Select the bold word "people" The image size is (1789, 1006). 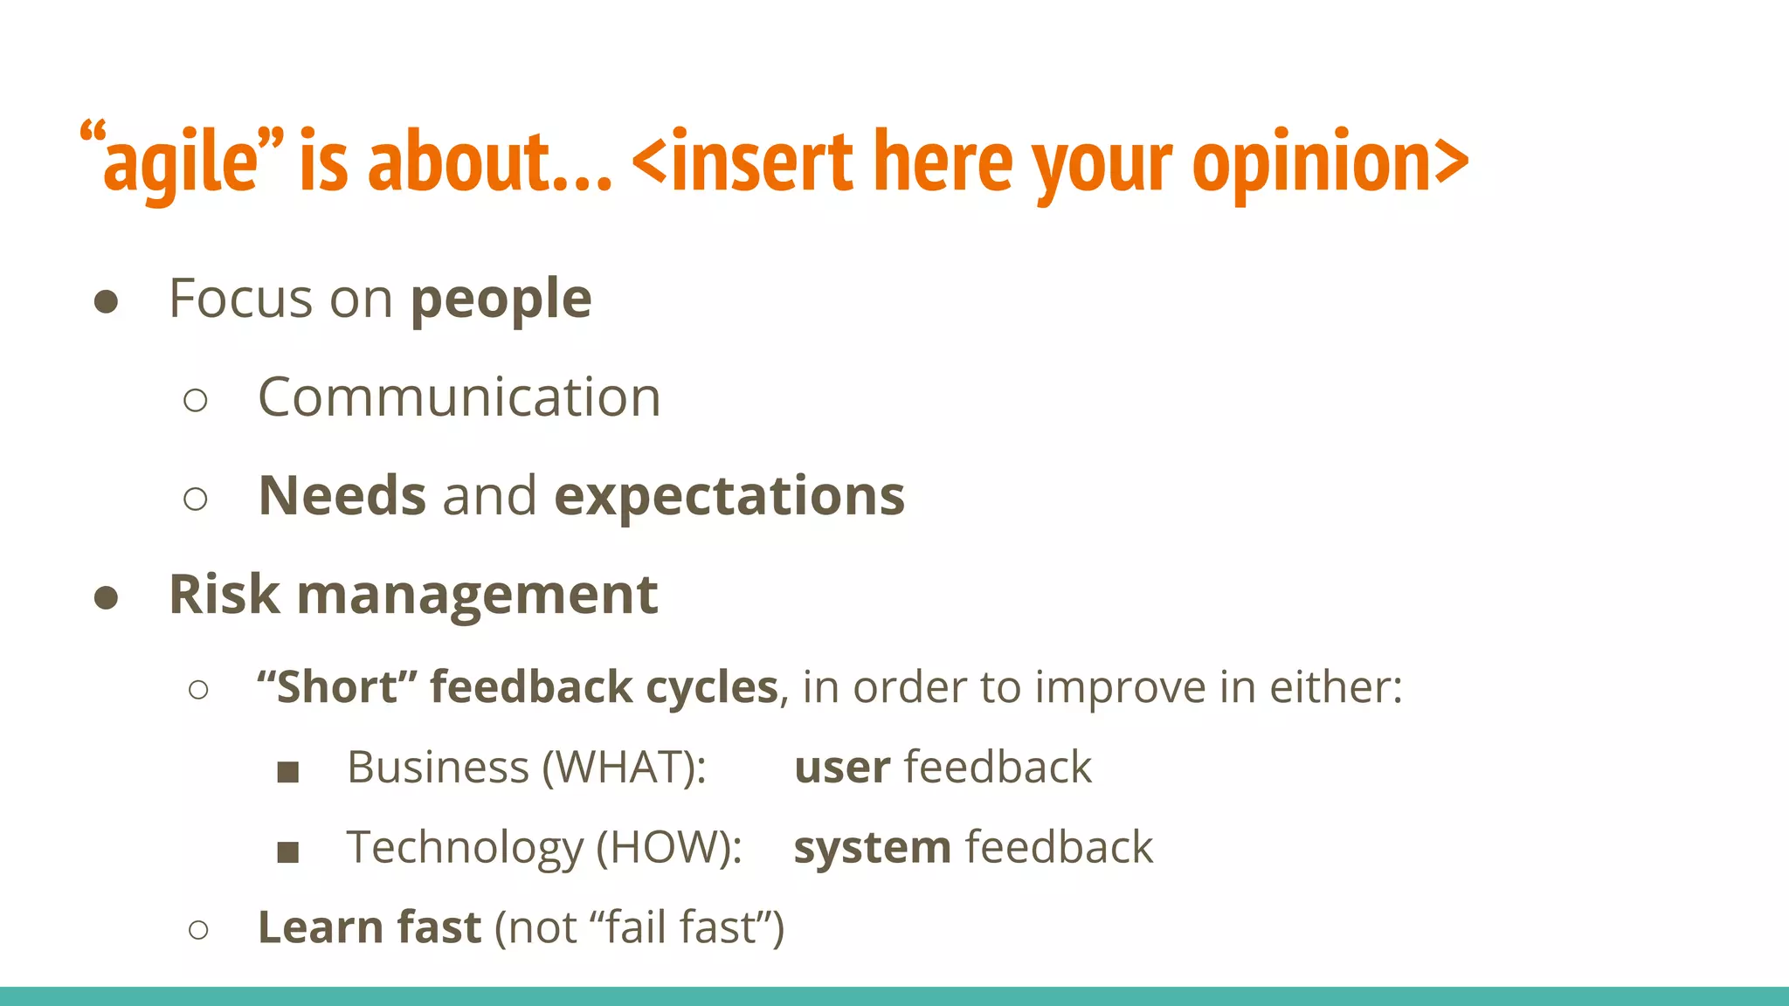pyautogui.click(x=501, y=300)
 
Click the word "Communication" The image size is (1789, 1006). pyautogui.click(x=459, y=397)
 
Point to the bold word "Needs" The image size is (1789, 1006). pyautogui.click(x=342, y=496)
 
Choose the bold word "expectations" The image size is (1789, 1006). pyautogui.click(x=729, y=496)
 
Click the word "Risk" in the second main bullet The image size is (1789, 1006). pyautogui.click(x=224, y=595)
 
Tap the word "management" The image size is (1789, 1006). pyautogui.click(x=477, y=595)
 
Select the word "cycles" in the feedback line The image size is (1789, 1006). pyautogui.click(x=711, y=687)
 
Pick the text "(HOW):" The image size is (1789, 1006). pyautogui.click(x=669, y=848)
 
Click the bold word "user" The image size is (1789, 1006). pyautogui.click(x=842, y=768)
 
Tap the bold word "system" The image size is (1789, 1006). pyautogui.click(x=872, y=848)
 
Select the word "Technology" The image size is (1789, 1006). pyautogui.click(x=465, y=848)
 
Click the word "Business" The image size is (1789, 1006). pyautogui.click(x=438, y=768)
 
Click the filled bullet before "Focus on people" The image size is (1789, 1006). pyautogui.click(x=106, y=302)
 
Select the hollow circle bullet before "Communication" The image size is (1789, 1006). pyautogui.click(x=196, y=401)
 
